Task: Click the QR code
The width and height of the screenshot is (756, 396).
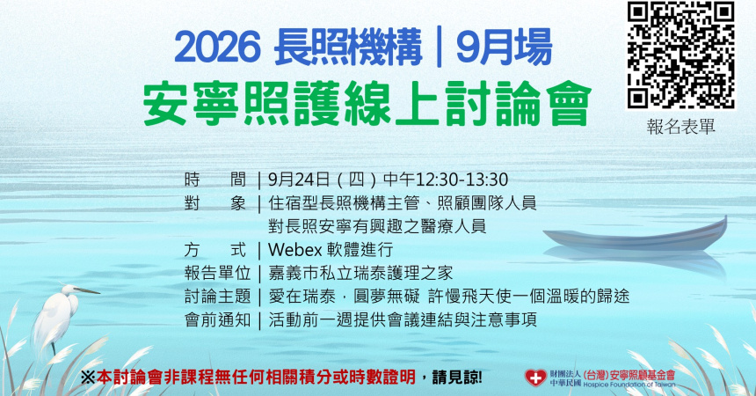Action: tap(680, 55)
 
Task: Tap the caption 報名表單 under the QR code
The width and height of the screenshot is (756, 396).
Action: tap(680, 127)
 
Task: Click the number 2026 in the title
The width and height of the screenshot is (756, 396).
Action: tap(217, 48)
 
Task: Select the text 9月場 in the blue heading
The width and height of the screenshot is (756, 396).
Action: tap(504, 48)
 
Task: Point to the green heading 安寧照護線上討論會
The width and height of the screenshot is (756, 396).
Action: tap(367, 103)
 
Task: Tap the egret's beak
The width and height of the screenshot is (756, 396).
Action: tap(88, 290)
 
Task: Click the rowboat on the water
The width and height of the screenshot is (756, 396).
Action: tap(636, 235)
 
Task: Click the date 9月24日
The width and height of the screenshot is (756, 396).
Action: tap(299, 180)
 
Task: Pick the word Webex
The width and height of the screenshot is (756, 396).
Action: tap(294, 250)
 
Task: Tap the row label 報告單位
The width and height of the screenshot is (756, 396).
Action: tap(217, 273)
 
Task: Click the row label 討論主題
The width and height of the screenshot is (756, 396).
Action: tap(217, 296)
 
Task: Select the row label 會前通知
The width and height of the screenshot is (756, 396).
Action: tap(217, 319)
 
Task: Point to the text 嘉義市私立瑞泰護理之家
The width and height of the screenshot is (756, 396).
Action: tap(360, 273)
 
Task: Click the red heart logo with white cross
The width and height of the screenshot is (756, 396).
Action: tap(535, 378)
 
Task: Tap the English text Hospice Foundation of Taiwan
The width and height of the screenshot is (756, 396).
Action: tap(629, 385)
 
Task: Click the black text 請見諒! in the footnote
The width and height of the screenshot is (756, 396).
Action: tap(457, 378)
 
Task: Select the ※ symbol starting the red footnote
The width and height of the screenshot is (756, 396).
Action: tap(88, 378)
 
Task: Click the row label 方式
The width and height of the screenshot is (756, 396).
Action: tap(215, 250)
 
